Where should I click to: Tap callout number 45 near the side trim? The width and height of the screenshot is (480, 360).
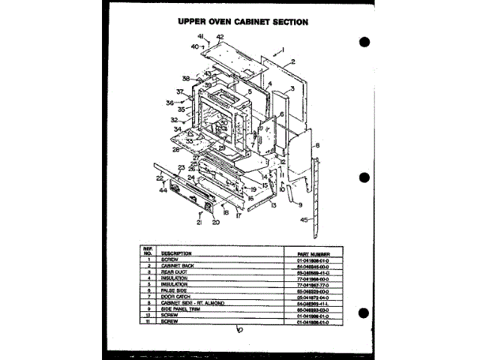(304, 220)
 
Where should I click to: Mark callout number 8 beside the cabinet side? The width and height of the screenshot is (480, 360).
(317, 146)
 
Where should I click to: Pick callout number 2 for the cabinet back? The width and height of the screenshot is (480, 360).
(292, 61)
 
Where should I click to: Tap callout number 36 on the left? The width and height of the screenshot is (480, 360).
(169, 103)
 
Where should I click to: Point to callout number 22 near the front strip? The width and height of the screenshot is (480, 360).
(160, 178)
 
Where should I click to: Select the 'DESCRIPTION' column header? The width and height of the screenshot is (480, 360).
(176, 254)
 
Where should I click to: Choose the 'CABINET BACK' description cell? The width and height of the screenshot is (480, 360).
(177, 266)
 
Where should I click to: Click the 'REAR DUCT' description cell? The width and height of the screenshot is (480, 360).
(174, 271)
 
